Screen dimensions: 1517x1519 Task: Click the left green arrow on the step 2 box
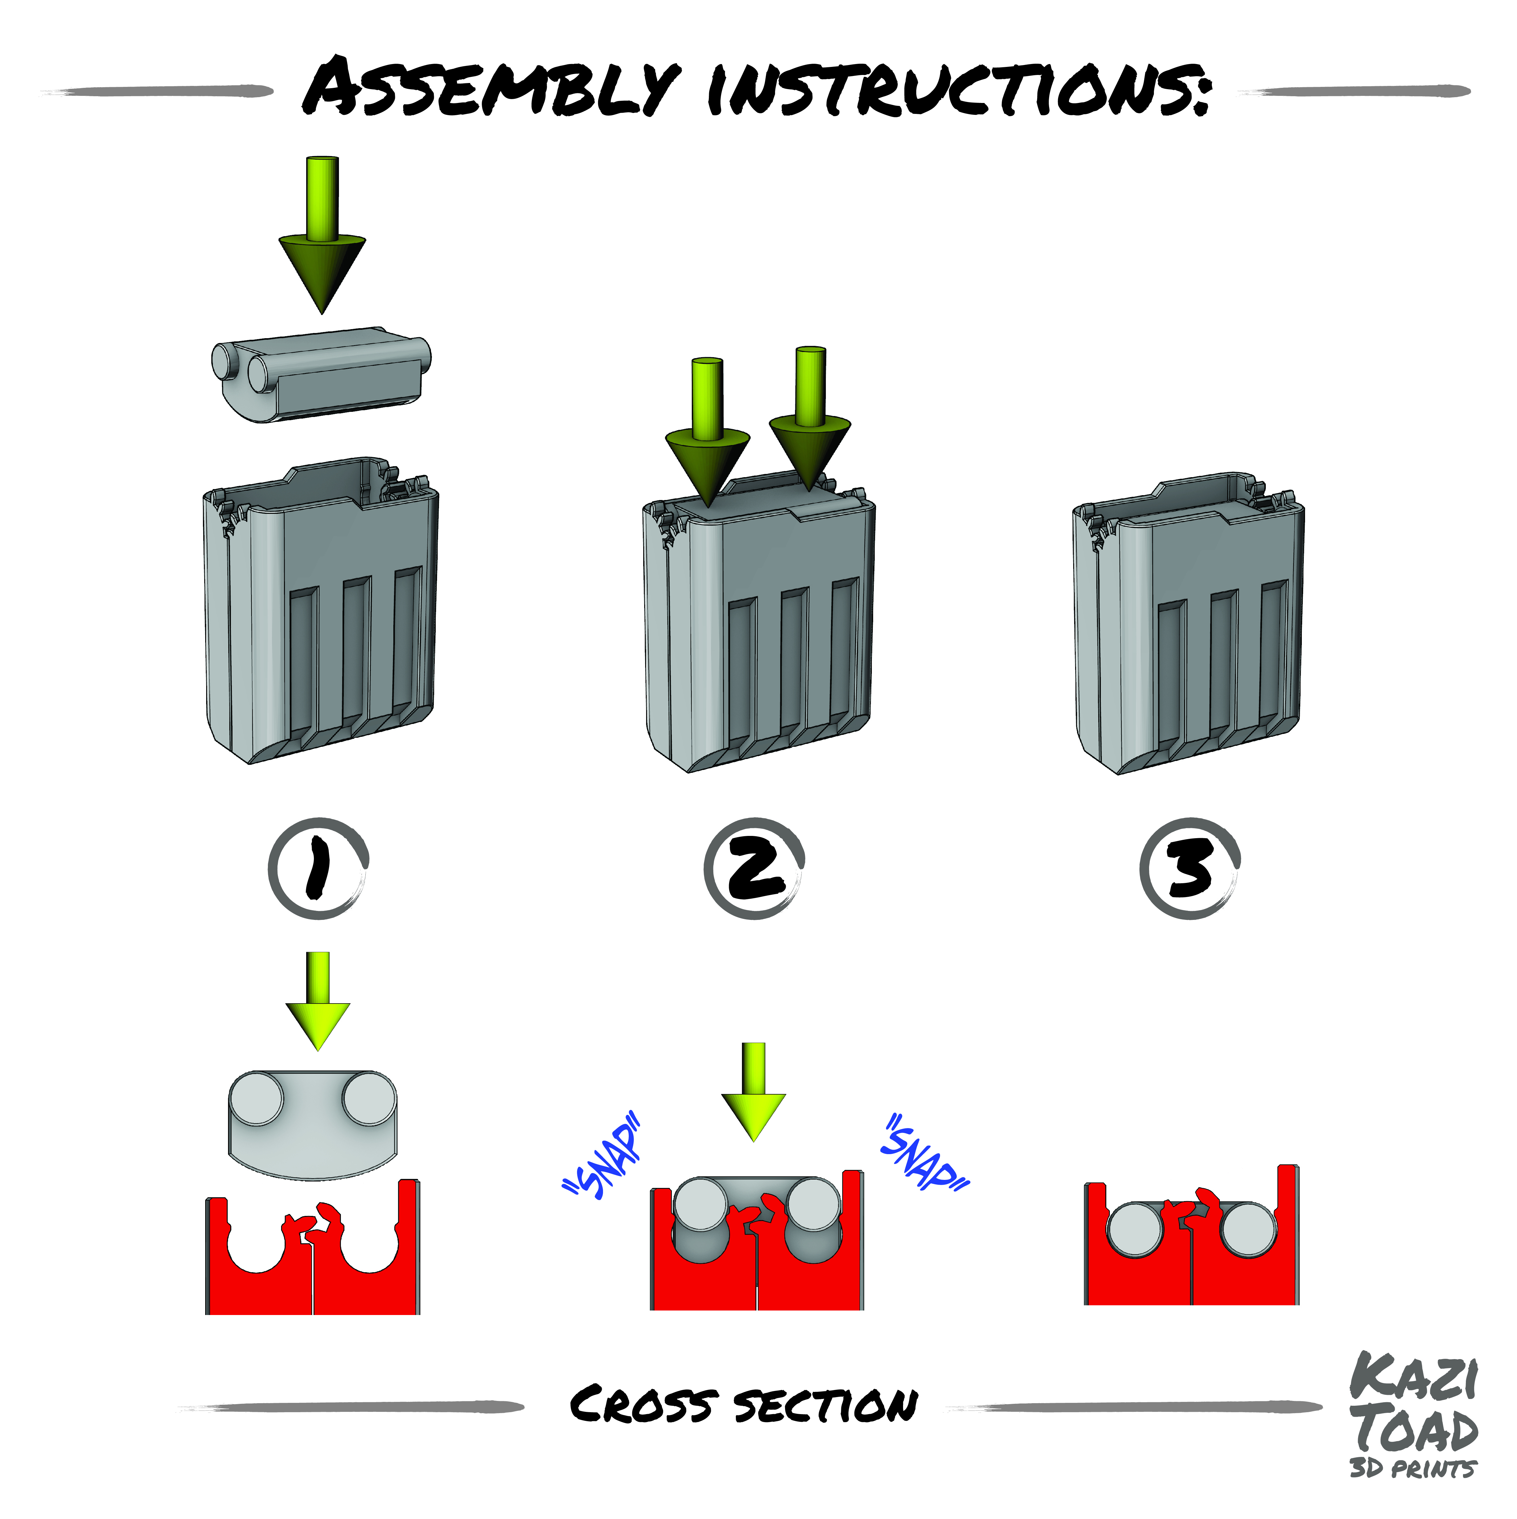click(708, 432)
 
